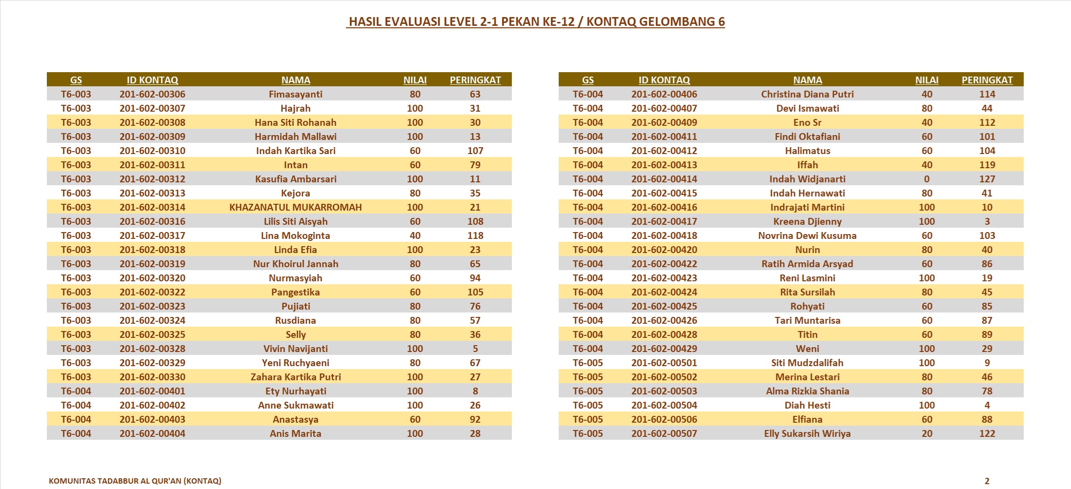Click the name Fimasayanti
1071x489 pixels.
tap(295, 94)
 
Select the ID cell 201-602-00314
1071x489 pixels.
tap(152, 207)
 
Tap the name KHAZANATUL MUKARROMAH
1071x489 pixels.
tap(295, 207)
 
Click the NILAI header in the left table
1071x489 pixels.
tap(415, 80)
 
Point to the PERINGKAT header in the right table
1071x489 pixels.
tap(987, 80)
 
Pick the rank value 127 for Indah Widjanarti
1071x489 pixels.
tap(987, 179)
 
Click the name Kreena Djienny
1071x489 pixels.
tap(807, 221)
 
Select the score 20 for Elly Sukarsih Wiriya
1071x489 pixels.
tap(927, 433)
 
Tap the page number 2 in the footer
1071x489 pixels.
tap(987, 481)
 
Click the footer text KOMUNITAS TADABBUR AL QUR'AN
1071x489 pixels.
tap(135, 481)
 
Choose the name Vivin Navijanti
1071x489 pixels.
tap(295, 349)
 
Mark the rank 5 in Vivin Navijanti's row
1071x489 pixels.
tap(475, 349)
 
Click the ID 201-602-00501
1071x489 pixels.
tap(664, 363)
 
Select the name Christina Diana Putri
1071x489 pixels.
tap(807, 94)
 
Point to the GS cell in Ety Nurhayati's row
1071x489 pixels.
tap(76, 391)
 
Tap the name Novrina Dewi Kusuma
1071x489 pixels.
tap(807, 235)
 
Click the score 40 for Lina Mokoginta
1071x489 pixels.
tap(415, 235)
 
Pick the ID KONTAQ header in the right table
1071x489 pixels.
tap(664, 80)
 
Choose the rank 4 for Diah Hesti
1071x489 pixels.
tap(987, 405)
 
